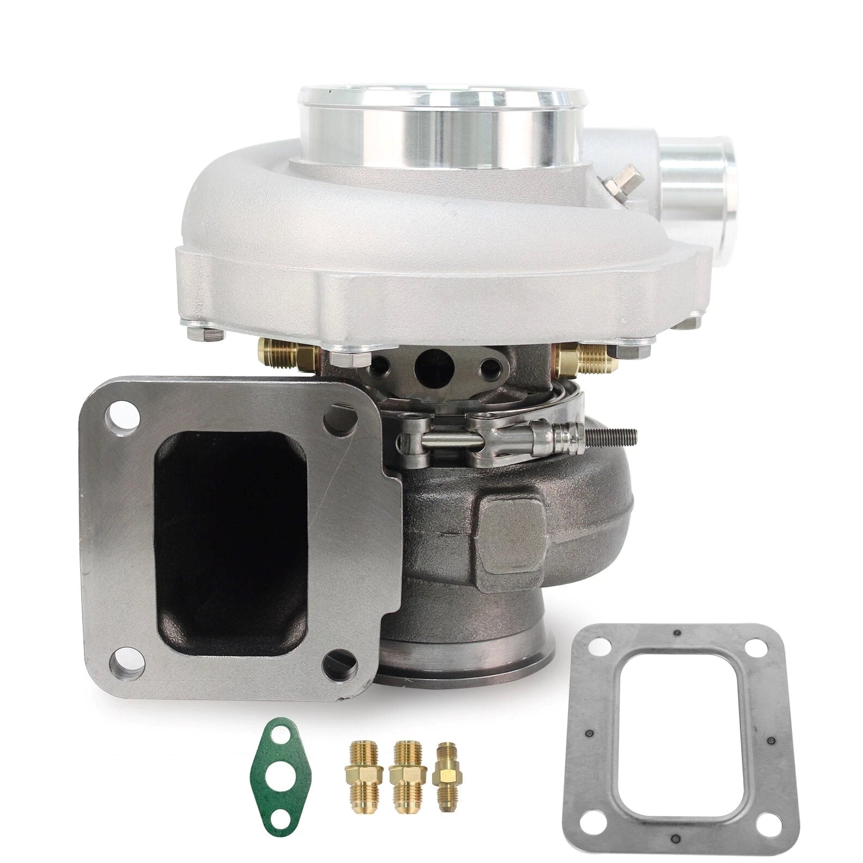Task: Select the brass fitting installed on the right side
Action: [586, 357]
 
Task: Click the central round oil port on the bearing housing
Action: [429, 367]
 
